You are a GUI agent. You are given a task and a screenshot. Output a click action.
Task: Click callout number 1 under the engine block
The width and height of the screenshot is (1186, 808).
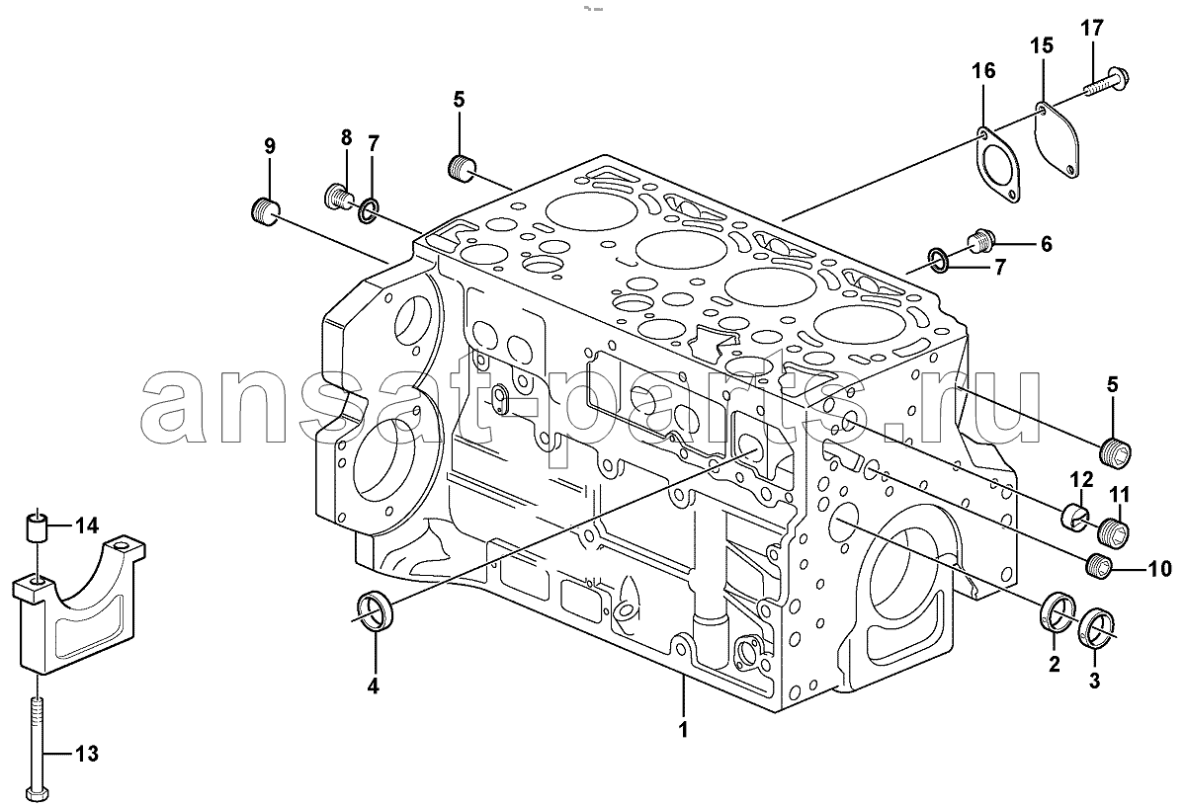tap(682, 731)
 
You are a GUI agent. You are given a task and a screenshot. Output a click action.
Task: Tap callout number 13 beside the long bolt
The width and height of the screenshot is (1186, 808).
tap(87, 756)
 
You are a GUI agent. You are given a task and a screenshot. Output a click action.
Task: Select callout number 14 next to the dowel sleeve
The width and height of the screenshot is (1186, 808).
tap(87, 524)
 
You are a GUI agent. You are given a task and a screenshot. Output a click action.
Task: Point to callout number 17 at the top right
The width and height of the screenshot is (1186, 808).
tap(1090, 29)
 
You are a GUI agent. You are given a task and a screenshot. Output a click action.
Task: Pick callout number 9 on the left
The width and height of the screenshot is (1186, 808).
tap(269, 146)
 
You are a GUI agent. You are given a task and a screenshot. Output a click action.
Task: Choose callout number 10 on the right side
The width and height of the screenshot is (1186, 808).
tap(1159, 568)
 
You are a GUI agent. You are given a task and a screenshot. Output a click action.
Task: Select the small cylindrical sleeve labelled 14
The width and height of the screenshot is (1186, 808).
tap(38, 526)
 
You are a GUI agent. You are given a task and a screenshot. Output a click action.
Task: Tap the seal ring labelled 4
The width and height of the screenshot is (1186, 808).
tap(375, 608)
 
